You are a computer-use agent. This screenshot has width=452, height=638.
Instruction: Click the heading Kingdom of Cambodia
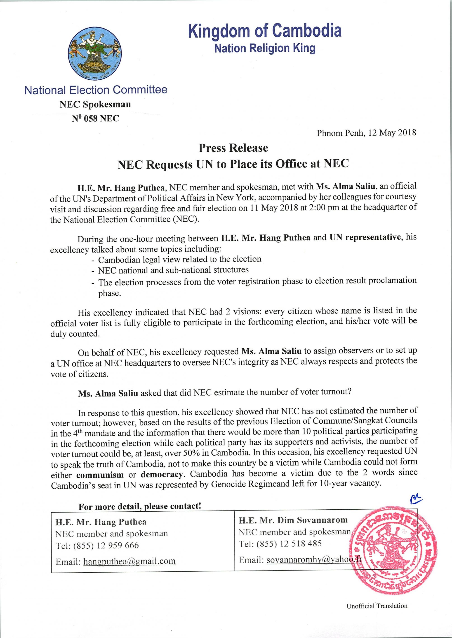pyautogui.click(x=265, y=31)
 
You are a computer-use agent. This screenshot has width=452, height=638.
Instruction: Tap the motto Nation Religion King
pyautogui.click(x=265, y=48)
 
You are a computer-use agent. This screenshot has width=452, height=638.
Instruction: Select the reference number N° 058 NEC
pyautogui.click(x=95, y=119)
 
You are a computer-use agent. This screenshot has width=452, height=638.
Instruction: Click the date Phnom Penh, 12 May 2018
pyautogui.click(x=366, y=133)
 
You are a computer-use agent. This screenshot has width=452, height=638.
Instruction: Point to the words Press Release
pyautogui.click(x=233, y=148)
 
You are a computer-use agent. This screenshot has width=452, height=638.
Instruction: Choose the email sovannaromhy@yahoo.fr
pyautogui.click(x=314, y=560)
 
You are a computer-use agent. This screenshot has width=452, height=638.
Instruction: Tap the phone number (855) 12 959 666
pyautogui.click(x=106, y=545)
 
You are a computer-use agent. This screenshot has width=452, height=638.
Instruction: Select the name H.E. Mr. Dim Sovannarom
pyautogui.click(x=293, y=520)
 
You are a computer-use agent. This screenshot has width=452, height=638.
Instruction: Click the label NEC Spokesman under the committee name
pyautogui.click(x=95, y=104)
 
